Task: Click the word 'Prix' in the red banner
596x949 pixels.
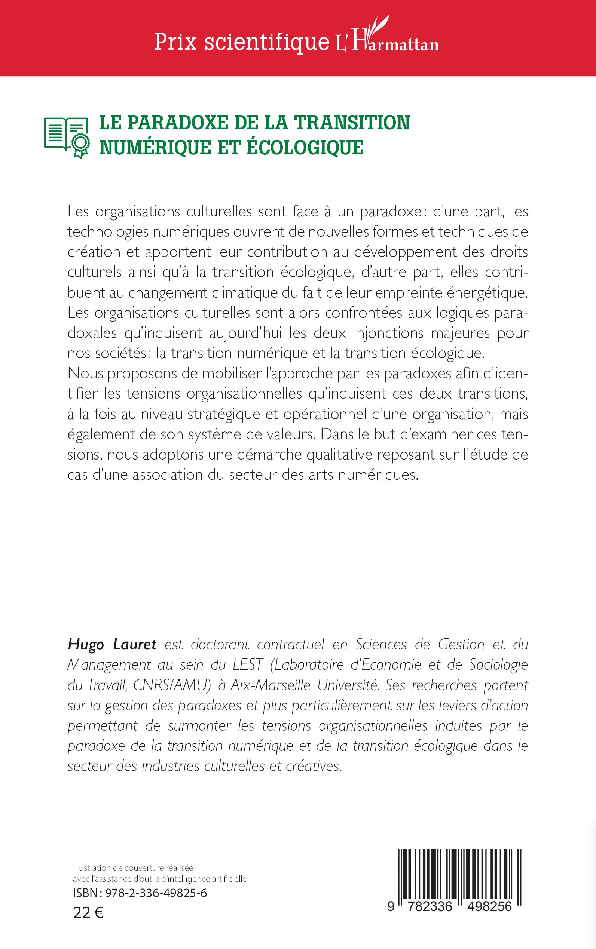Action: pyautogui.click(x=175, y=42)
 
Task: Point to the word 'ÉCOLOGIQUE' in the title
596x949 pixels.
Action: pyautogui.click(x=305, y=148)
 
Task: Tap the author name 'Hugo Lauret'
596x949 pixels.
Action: pyautogui.click(x=112, y=645)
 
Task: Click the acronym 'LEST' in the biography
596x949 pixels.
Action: pyautogui.click(x=248, y=664)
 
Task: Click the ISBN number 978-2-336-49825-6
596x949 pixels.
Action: pyautogui.click(x=156, y=893)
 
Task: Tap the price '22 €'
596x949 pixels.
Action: pyautogui.click(x=88, y=912)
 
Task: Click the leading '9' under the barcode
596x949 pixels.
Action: pyautogui.click(x=390, y=906)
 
